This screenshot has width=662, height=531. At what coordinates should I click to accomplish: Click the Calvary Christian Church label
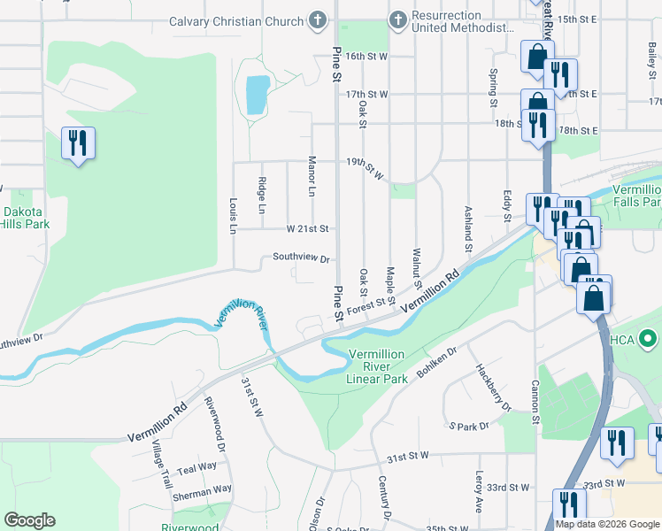click(x=225, y=20)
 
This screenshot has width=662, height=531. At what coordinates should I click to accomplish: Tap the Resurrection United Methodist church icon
click(x=398, y=19)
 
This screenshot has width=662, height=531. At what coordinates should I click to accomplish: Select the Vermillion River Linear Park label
click(x=378, y=366)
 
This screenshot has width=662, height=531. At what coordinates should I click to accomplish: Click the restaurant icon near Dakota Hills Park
click(x=78, y=142)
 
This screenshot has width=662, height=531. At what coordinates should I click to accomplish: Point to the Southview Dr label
click(x=301, y=259)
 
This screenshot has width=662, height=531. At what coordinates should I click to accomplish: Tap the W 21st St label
click(x=307, y=228)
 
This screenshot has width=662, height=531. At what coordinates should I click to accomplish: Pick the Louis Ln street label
click(x=234, y=215)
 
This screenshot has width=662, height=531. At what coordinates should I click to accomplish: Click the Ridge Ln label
click(x=261, y=196)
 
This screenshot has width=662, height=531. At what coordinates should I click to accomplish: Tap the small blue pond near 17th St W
click(x=256, y=95)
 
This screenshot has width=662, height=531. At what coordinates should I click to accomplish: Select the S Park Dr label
click(x=468, y=427)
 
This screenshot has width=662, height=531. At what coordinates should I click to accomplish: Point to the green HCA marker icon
click(x=648, y=338)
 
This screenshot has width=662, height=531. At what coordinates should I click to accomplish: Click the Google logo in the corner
click(x=29, y=520)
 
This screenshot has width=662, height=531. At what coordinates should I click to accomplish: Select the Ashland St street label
click(x=468, y=227)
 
